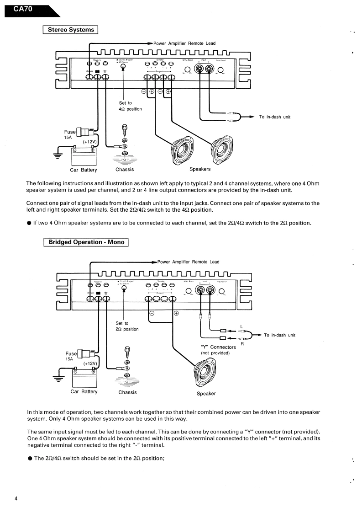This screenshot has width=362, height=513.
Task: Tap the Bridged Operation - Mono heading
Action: (86, 242)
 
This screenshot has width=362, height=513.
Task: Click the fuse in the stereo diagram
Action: (85, 133)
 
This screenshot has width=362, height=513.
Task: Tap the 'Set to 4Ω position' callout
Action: (130, 106)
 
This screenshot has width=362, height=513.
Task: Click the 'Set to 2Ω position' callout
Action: (126, 326)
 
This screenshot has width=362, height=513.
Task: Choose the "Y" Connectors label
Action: (218, 347)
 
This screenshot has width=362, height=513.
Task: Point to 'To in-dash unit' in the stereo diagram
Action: (274, 117)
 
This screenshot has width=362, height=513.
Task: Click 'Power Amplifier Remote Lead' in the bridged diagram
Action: (188, 262)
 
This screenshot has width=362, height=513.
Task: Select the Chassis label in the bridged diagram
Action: (127, 392)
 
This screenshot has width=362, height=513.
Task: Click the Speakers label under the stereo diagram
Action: (200, 169)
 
